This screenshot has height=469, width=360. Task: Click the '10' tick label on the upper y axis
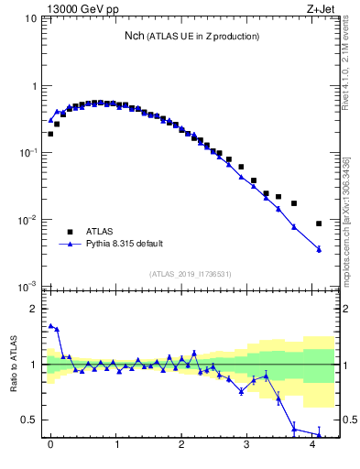[x=31, y=19]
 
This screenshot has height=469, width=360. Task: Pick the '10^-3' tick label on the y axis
[x=29, y=287]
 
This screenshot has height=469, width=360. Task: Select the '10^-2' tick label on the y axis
[x=29, y=220]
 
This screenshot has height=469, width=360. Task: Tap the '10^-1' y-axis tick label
[x=29, y=153]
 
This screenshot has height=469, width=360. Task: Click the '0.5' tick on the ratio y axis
[x=30, y=420]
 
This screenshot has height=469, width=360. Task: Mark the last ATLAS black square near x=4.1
[x=319, y=224]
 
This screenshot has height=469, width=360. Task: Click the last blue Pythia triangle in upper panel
[x=319, y=249]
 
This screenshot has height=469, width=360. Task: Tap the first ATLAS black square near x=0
[x=50, y=134]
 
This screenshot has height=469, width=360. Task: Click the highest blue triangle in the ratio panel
[x=50, y=325]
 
